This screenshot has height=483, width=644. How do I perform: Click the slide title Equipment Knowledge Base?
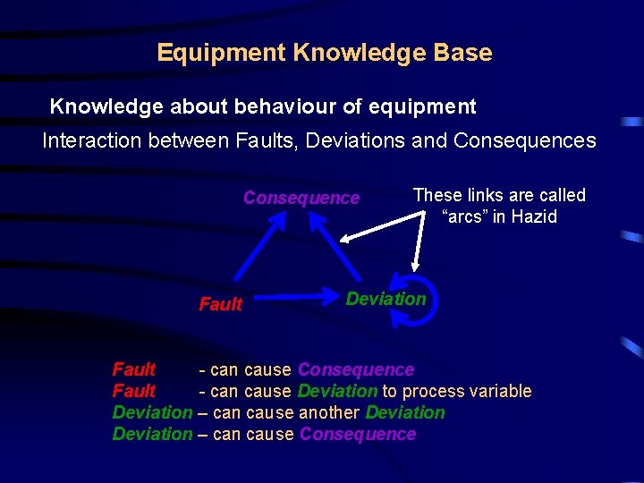[324, 53]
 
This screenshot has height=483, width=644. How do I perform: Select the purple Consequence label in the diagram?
[301, 198]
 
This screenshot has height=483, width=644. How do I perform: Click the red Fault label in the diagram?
[220, 304]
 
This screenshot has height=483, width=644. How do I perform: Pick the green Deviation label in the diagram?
[386, 299]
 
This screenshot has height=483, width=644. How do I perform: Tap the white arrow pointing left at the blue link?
[376, 229]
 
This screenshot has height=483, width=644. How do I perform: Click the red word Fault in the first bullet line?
[133, 369]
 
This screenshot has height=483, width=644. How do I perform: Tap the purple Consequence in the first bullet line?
[356, 369]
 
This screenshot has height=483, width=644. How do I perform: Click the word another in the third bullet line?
[329, 412]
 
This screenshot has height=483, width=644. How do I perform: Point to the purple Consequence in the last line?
[358, 434]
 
